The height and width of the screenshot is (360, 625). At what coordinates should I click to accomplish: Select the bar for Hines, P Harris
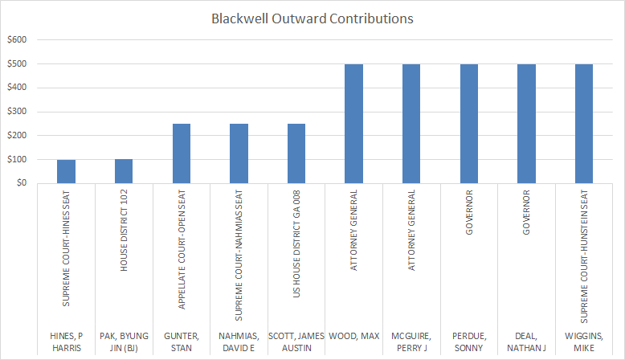coord(66,171)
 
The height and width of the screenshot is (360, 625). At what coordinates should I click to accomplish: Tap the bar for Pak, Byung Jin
coord(124,171)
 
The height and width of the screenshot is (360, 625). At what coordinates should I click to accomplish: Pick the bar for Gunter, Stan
coord(182,153)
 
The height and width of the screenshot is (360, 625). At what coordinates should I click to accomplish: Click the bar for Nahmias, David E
coord(239,153)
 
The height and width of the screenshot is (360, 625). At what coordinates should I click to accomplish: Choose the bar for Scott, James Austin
coord(296,153)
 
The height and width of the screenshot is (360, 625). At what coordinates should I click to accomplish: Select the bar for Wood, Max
coord(354,124)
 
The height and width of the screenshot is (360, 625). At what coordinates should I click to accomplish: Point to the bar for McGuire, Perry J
coord(411,124)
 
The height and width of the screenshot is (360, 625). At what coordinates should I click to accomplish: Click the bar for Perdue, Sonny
coord(469,124)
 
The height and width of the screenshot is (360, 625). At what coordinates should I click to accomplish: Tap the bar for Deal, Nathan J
coord(526,124)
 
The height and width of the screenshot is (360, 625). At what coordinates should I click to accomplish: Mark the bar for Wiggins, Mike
coord(584,124)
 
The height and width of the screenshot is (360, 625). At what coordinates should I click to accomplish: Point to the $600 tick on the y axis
coord(17,40)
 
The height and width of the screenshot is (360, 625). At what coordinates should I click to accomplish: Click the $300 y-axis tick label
coord(17,112)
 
